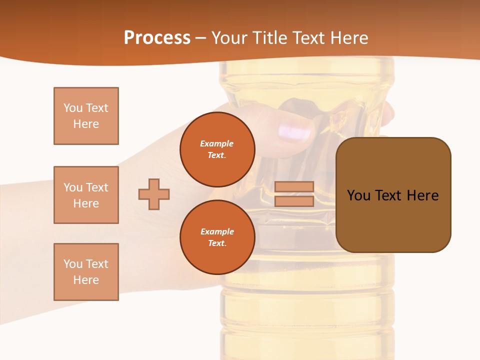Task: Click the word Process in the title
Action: point(157,38)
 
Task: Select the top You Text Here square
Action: point(86,116)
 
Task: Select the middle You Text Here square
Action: point(86,195)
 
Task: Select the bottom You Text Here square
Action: point(86,272)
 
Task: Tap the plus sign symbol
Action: point(154,194)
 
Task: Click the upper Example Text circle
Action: point(217,149)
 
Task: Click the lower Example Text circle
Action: point(217,237)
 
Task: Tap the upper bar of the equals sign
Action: point(294,186)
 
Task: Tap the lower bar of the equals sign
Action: point(294,201)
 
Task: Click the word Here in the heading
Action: point(347,38)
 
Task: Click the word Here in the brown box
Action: point(422,195)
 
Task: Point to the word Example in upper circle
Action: point(217,143)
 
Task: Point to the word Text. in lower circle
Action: point(217,243)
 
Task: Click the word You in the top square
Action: point(73,108)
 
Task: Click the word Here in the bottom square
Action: point(86,280)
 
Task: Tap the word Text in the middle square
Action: point(96,187)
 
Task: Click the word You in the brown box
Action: point(359,195)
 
